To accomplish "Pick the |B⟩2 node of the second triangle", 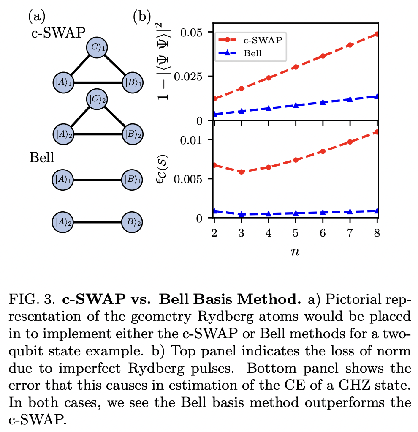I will tap(132, 134).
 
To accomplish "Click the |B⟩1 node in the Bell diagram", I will tap(132, 180).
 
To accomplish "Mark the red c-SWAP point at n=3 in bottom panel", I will tap(242, 172).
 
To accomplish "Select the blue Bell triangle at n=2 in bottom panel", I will tap(214, 211).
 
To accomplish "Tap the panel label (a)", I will tap(36, 16).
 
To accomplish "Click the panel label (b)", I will tap(142, 16).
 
